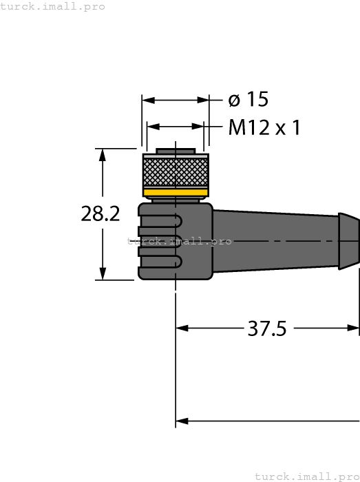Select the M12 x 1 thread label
(264, 128)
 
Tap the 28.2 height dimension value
(100, 214)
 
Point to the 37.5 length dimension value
(266, 329)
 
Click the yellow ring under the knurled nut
(176, 192)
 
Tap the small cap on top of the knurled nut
(176, 150)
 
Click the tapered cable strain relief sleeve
(275, 241)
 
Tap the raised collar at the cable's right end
(349, 240)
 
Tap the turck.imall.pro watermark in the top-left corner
(53, 6)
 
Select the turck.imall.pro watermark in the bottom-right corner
(307, 476)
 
